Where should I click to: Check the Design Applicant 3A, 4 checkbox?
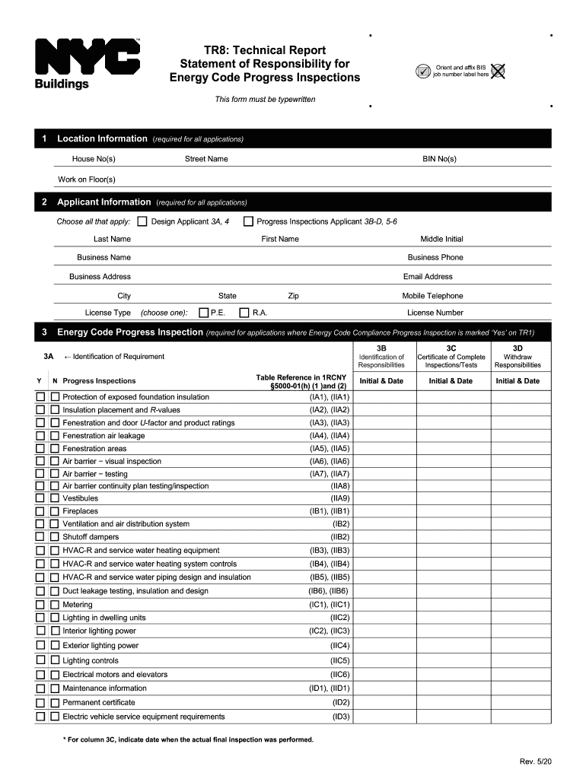tap(142, 221)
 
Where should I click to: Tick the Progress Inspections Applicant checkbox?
tap(248, 221)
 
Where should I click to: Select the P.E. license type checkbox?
tap(203, 313)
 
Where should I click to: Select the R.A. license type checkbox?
tap(244, 313)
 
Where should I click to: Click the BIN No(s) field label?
tap(439, 159)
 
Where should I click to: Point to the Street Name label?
tap(206, 159)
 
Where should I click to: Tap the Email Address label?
tap(428, 277)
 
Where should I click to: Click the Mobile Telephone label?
tap(432, 296)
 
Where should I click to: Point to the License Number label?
tap(435, 313)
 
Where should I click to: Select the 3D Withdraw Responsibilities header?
tap(518, 356)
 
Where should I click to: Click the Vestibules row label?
tap(80, 498)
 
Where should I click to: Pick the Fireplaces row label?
tap(80, 511)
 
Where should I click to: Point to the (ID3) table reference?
tap(340, 717)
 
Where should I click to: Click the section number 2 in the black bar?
tap(45, 202)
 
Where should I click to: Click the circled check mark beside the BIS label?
tap(422, 72)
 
